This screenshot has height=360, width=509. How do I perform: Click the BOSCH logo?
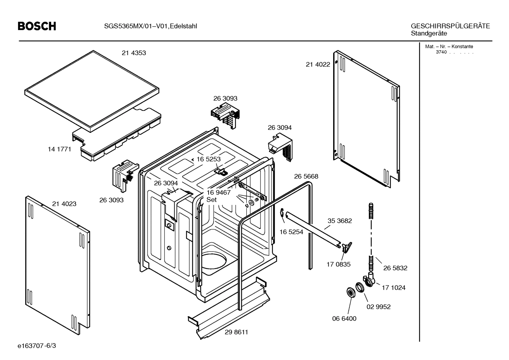point(37,26)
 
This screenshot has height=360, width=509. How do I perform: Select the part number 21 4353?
point(134,53)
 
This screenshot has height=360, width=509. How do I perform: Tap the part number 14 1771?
point(59,149)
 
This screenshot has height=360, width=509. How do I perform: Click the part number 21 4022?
point(318,64)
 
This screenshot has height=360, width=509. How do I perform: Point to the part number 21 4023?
point(64,204)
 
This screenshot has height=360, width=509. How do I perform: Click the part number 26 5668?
point(306,176)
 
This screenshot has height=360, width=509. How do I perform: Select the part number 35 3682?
point(340,221)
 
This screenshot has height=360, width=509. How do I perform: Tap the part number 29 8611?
point(236,332)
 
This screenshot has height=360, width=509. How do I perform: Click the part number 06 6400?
point(344,318)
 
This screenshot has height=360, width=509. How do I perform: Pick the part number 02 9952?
point(378,307)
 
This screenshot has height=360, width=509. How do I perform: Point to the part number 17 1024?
point(393,288)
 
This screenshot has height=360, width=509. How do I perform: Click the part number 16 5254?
point(291,232)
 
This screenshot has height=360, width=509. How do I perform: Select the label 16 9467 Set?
point(218,196)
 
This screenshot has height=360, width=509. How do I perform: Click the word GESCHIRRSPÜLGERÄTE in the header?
point(450,26)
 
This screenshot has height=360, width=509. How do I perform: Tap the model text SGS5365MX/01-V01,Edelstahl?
point(150,26)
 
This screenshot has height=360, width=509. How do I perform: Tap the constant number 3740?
point(441,52)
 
